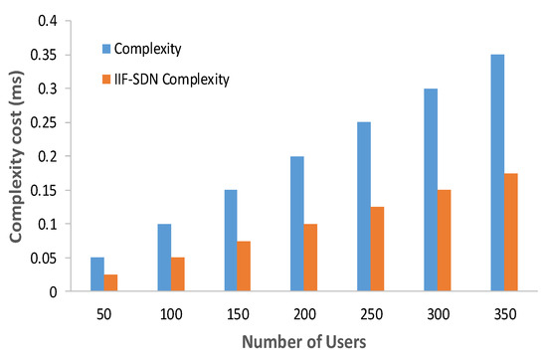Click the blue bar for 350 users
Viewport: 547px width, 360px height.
point(497,173)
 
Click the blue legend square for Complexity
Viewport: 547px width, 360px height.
point(106,46)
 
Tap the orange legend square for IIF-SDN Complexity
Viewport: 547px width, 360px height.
point(106,79)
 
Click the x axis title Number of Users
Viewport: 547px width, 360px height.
point(304,342)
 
